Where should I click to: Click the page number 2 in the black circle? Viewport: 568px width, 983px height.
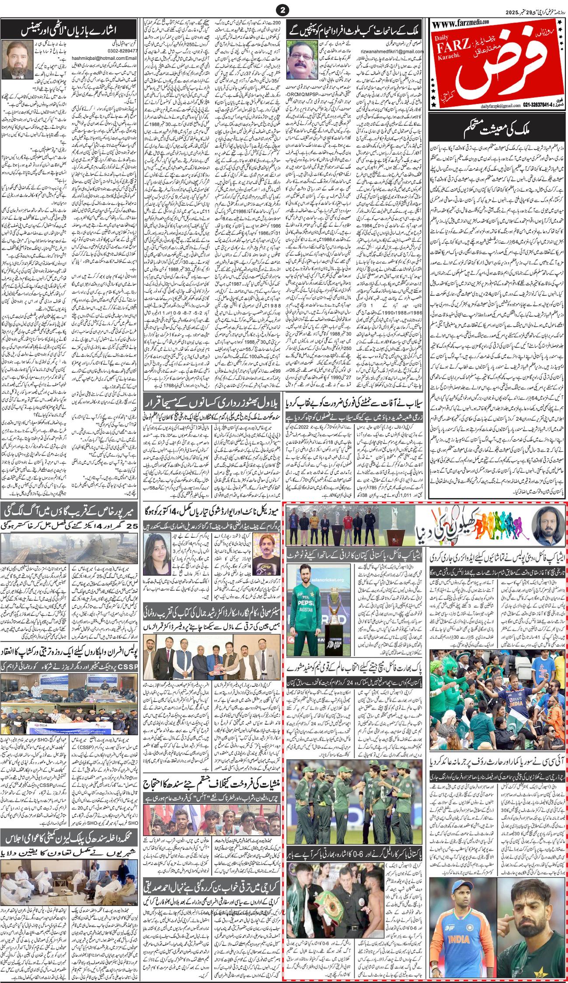click(284, 10)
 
